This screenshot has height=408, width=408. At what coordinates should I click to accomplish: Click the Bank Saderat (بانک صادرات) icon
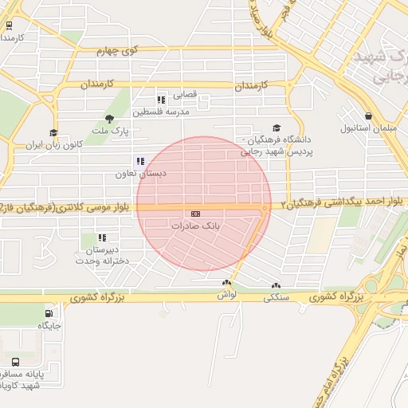pyautogui.click(x=195, y=214)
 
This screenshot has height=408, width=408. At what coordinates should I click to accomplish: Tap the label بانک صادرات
pyautogui.click(x=195, y=226)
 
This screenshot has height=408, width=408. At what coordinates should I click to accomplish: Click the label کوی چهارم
pyautogui.click(x=119, y=51)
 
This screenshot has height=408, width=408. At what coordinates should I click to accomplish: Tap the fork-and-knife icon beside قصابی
pyautogui.click(x=160, y=100)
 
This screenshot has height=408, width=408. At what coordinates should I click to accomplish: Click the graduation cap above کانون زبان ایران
pyautogui.click(x=53, y=133)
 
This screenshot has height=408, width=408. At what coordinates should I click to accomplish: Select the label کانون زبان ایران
pyautogui.click(x=54, y=146)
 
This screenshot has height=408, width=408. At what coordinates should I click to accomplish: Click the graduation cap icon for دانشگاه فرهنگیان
pyautogui.click(x=276, y=127)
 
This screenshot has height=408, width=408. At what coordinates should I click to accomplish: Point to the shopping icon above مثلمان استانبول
pyautogui.click(x=368, y=116)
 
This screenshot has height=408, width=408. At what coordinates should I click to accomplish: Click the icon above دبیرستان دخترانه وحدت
pyautogui.click(x=101, y=237)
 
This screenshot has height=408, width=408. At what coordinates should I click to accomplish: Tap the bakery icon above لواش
pyautogui.click(x=227, y=283)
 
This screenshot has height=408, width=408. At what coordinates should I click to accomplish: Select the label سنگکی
pyautogui.click(x=277, y=297)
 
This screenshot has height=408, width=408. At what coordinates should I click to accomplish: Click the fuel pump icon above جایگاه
pyautogui.click(x=50, y=313)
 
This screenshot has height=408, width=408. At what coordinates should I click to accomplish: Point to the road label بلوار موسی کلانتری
pyautogui.click(x=91, y=208)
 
